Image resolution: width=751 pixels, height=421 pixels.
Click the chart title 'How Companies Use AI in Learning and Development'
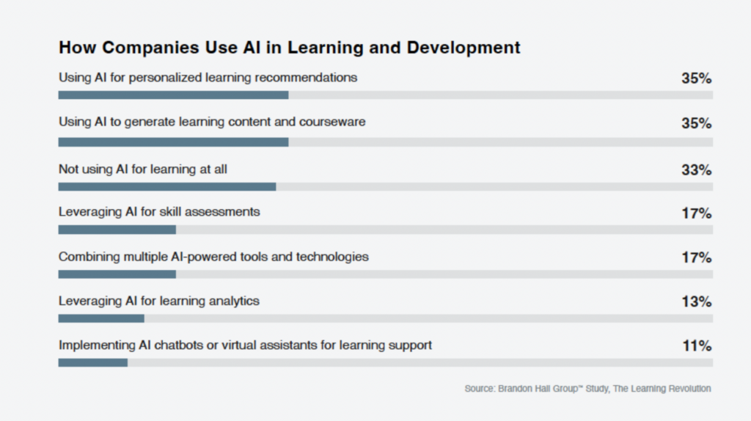pos(289,48)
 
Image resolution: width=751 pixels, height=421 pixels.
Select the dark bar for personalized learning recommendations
pos(173,95)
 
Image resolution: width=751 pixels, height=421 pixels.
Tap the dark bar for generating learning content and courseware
pos(173,142)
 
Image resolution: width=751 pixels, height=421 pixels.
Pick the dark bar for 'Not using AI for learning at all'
pos(167,187)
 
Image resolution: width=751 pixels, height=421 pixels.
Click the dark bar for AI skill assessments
pos(117,230)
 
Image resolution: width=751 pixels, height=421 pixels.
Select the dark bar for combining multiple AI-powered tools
pos(117,274)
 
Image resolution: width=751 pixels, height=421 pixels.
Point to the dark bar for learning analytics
pos(101,318)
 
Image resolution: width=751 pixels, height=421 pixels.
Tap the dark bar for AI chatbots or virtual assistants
pos(93,362)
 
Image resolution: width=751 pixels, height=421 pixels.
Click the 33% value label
pos(697,169)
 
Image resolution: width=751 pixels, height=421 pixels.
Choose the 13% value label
pos(697,301)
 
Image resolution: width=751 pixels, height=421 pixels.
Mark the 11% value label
pos(697,345)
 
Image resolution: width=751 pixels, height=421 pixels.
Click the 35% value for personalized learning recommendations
pos(697,78)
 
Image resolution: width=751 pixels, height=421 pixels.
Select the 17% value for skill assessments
pos(697,213)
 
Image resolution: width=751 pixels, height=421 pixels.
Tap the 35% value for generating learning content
pos(697,123)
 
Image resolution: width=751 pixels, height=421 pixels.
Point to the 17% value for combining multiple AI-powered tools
pos(697,257)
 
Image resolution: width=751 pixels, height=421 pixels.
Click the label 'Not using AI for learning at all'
pos(143,169)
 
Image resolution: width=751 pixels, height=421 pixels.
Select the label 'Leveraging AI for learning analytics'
pos(159,301)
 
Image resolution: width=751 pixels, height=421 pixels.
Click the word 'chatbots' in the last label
pos(179,345)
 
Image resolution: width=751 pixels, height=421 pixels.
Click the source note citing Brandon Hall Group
pos(587,389)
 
